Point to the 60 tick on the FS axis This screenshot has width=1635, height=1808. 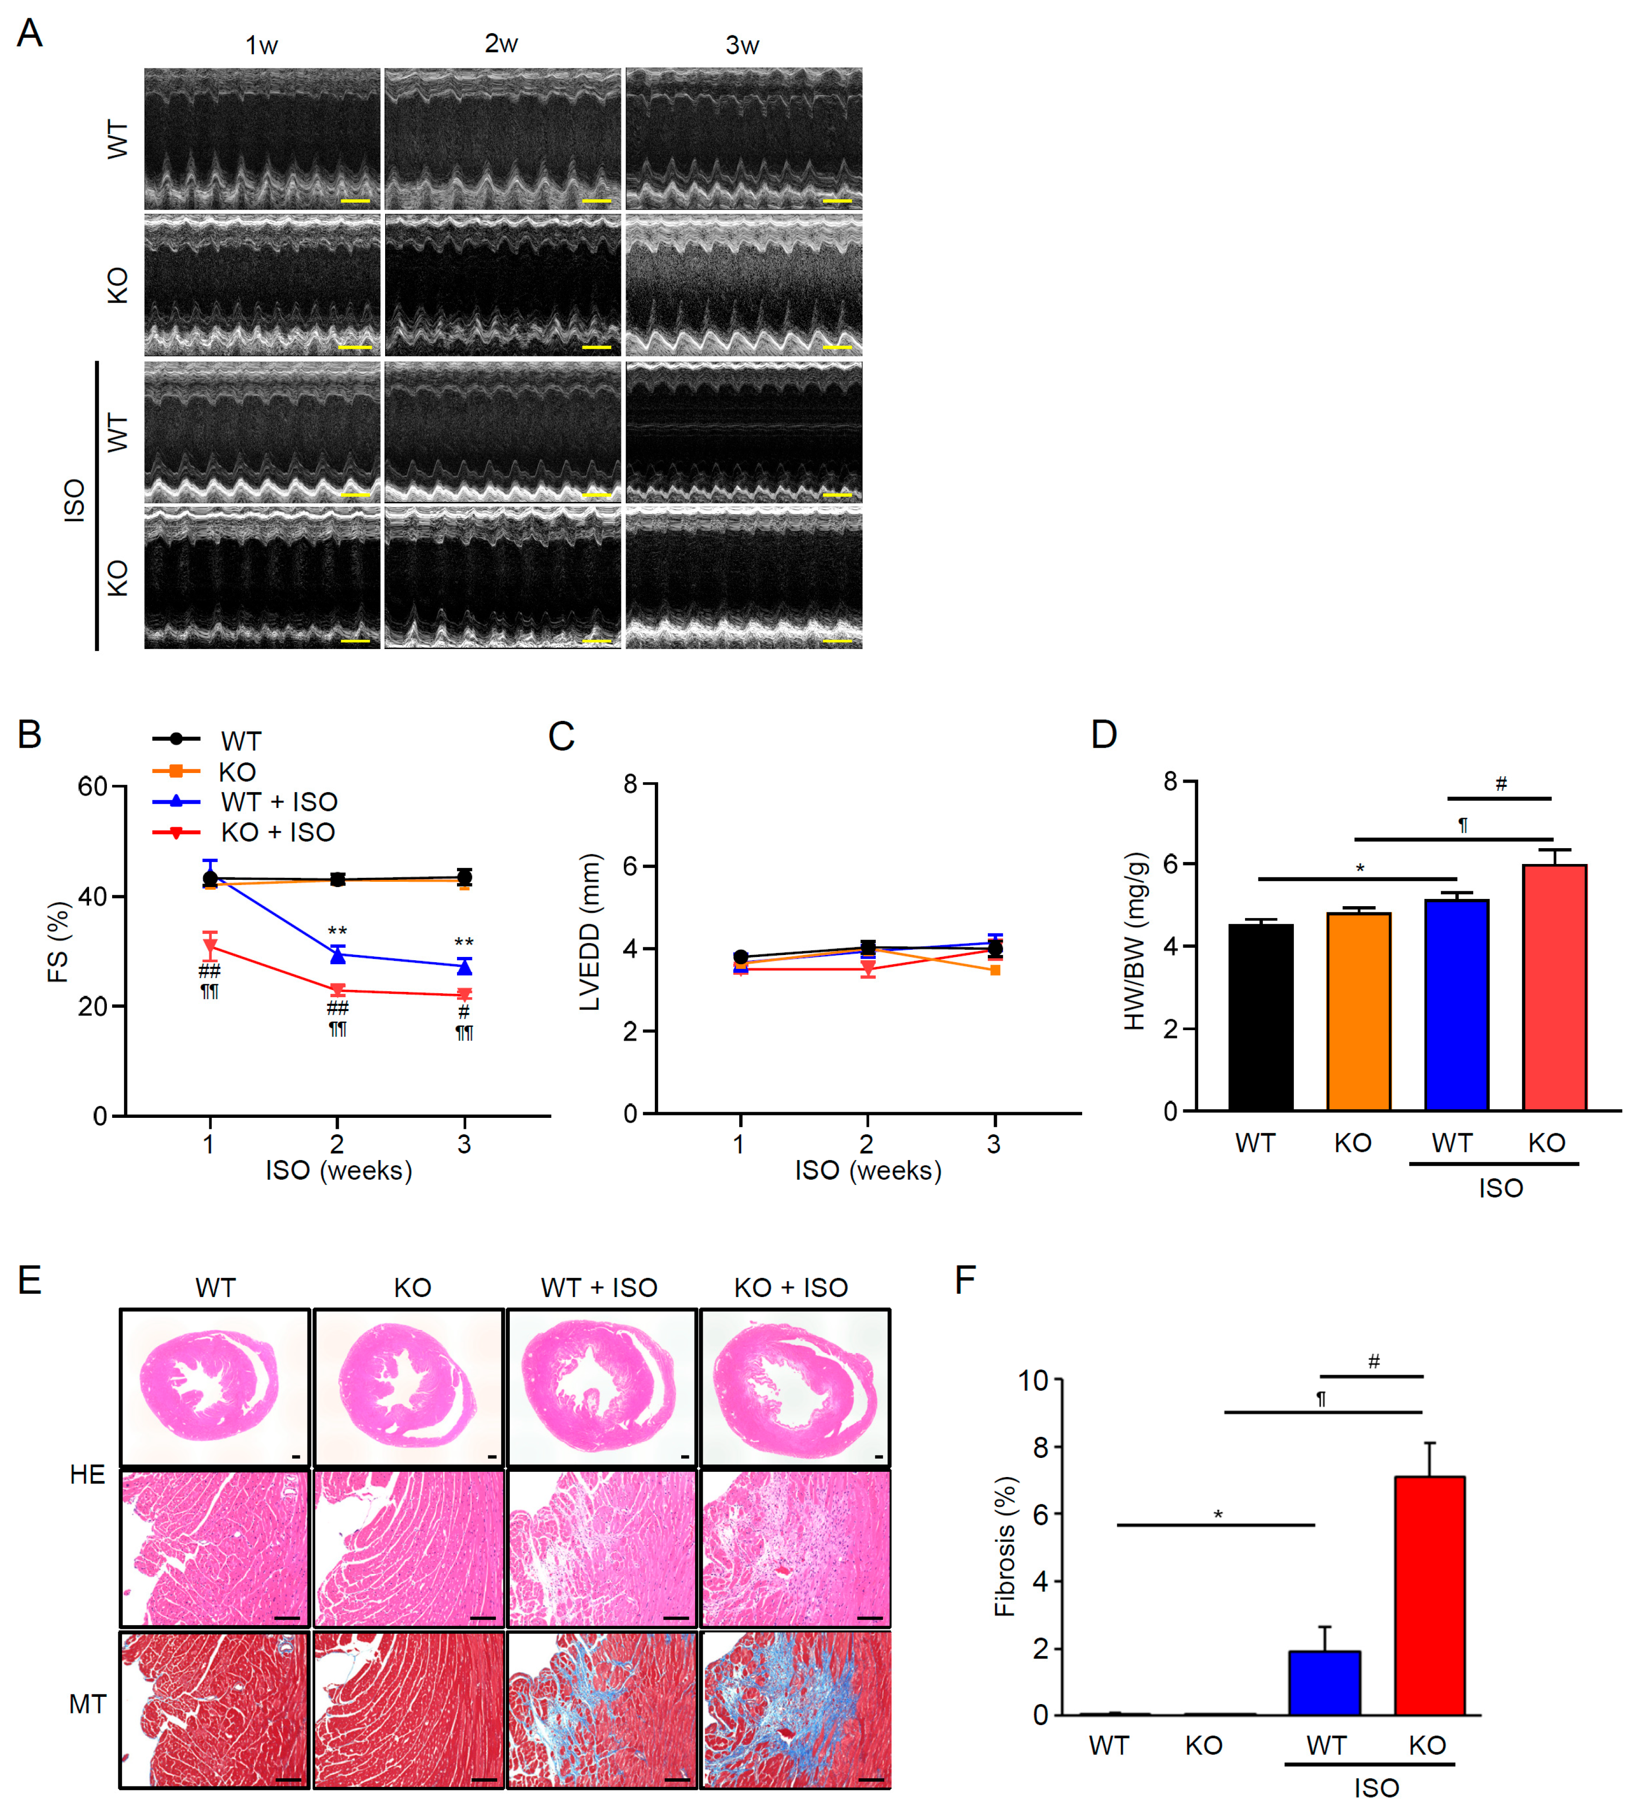[92, 786]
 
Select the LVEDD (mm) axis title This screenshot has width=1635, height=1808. [589, 932]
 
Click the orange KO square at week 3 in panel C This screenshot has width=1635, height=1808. [995, 969]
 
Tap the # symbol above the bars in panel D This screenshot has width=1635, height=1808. [1500, 785]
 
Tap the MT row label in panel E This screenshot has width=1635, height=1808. [87, 1704]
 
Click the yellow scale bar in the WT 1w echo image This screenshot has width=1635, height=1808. [355, 201]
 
